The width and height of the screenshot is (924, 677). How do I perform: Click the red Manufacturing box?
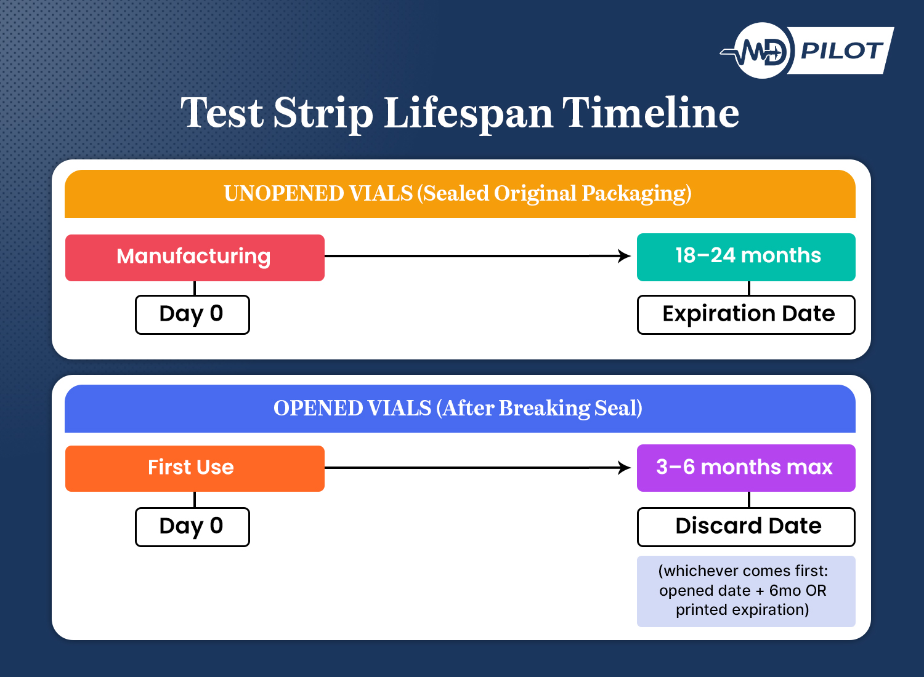[x=195, y=257]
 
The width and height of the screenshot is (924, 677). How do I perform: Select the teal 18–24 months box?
[x=746, y=257]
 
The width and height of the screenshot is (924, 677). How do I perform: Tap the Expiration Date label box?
[x=746, y=314]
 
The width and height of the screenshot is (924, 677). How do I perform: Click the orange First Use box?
[x=195, y=468]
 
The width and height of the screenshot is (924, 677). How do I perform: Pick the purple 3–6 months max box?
[x=746, y=468]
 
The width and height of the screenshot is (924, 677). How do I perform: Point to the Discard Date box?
[x=746, y=527]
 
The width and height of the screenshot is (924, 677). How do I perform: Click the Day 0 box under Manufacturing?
[x=192, y=314]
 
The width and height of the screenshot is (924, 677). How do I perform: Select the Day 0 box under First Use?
[x=192, y=527]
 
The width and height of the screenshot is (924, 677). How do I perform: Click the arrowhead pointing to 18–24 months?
[x=625, y=256]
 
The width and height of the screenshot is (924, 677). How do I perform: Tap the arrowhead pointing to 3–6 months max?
[x=625, y=468]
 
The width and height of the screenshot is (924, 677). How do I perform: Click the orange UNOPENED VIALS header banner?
[x=460, y=194]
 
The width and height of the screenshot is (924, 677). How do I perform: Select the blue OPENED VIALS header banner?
[x=460, y=409]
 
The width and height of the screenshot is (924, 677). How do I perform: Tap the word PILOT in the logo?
[x=841, y=50]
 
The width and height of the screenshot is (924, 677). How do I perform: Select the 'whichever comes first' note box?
[x=746, y=591]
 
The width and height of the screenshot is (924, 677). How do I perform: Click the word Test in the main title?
[x=222, y=113]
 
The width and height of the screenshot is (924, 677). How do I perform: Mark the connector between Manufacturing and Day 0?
[x=195, y=288]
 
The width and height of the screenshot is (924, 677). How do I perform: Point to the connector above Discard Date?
[x=749, y=499]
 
